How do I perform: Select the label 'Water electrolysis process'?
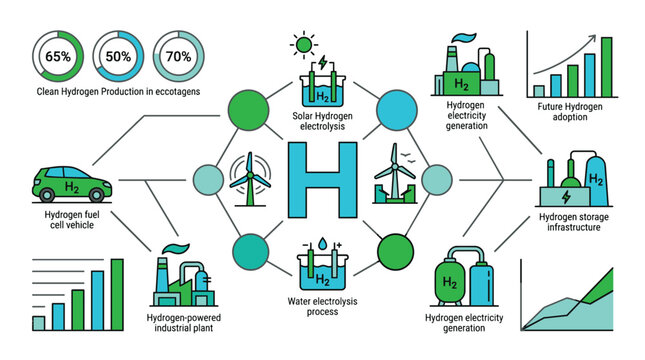pos(322,304)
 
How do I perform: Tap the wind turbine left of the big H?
pos(245,177)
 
